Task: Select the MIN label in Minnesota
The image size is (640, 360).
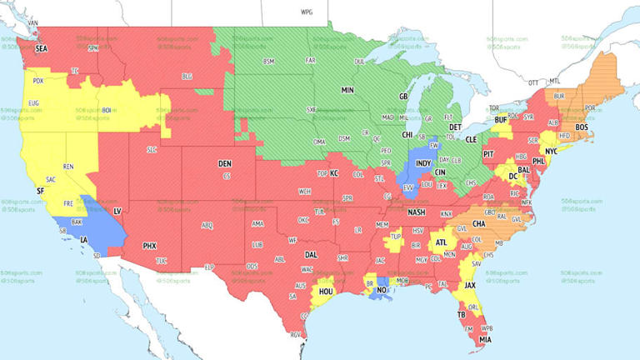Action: [347, 89]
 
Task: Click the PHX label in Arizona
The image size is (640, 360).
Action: [150, 246]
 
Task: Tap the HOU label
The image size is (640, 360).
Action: [326, 292]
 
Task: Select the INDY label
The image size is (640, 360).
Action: [424, 164]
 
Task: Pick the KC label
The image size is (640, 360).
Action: [334, 172]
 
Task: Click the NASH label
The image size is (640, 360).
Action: [417, 212]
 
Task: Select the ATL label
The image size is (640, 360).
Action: [441, 242]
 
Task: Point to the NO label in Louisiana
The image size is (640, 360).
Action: [381, 291]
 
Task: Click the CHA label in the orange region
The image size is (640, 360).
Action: [479, 223]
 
